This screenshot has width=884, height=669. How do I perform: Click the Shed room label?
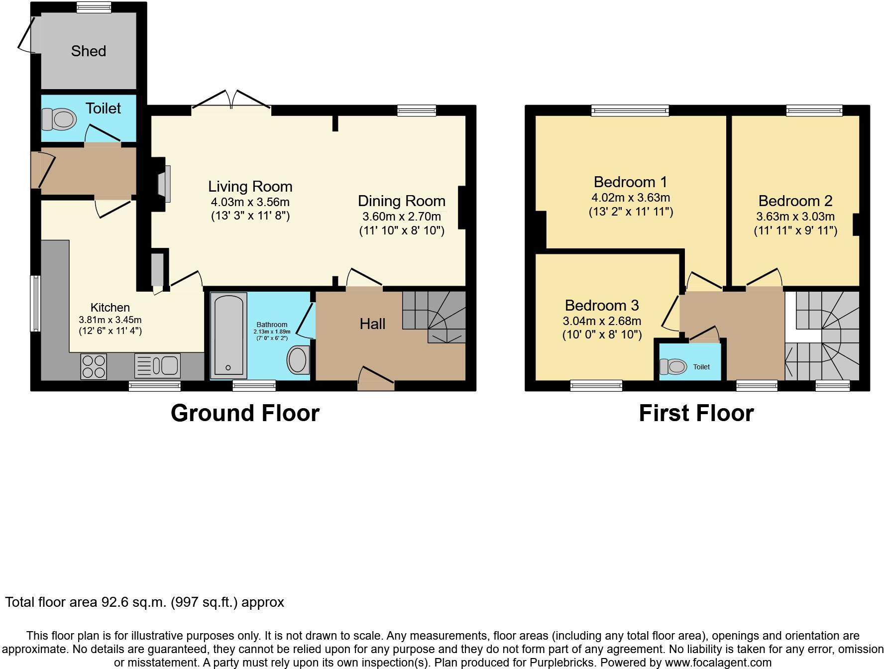tap(88, 51)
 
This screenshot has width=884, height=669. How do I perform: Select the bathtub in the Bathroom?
tap(228, 335)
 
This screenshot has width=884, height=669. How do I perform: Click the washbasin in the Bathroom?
tap(297, 359)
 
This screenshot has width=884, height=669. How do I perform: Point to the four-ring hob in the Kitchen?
tap(94, 366)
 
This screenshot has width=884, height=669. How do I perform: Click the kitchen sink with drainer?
tap(157, 366)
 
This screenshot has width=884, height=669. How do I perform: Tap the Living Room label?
tap(250, 187)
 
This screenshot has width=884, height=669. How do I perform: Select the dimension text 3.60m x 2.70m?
tap(401, 217)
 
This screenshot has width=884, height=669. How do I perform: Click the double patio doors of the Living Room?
tap(231, 101)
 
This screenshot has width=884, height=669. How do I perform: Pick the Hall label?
tap(372, 324)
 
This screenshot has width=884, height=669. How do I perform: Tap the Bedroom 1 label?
tap(630, 182)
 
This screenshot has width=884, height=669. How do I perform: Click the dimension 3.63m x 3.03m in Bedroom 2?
tap(795, 217)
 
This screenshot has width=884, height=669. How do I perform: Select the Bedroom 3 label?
tap(602, 305)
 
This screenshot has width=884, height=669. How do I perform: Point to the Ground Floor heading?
tap(245, 413)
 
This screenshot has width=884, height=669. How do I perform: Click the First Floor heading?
tap(696, 413)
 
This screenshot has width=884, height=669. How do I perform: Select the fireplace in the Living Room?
tap(163, 184)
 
